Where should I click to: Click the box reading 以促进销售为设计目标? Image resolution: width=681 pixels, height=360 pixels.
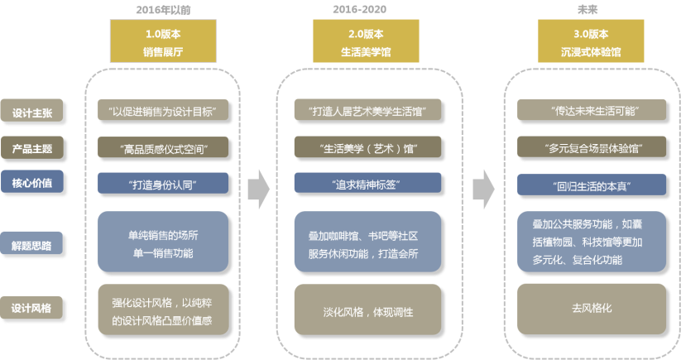click(163, 111)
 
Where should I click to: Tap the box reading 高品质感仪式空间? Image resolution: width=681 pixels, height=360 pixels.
click(163, 148)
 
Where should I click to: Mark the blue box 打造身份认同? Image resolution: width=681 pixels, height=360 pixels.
click(163, 183)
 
